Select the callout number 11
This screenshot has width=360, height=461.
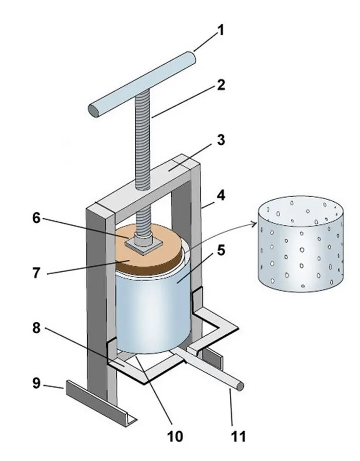tap(237, 437)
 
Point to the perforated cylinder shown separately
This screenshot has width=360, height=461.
tap(300, 246)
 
